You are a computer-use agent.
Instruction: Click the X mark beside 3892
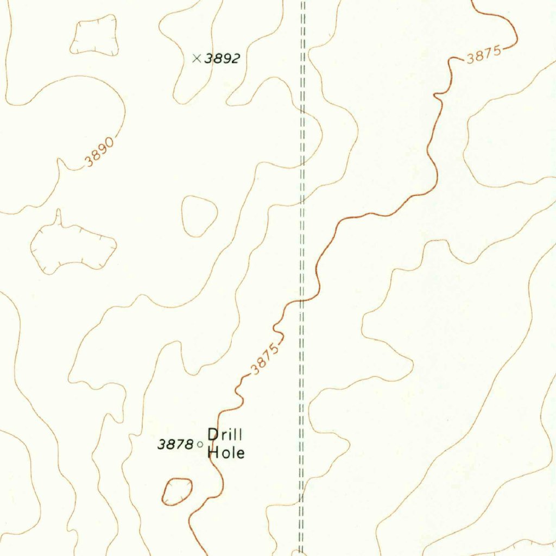click(x=197, y=58)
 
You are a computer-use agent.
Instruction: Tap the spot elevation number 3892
click(x=222, y=59)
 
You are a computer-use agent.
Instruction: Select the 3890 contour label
click(x=99, y=153)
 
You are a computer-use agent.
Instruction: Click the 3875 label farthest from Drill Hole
click(x=483, y=56)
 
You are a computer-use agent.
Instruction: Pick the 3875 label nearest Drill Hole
click(x=264, y=358)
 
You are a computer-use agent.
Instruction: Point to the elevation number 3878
click(x=175, y=444)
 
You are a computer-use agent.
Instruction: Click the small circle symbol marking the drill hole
click(x=199, y=444)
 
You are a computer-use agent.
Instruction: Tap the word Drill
click(x=225, y=435)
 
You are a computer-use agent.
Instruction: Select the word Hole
click(x=226, y=452)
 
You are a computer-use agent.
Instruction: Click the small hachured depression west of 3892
click(x=94, y=35)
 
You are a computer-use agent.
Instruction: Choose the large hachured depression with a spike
click(x=73, y=247)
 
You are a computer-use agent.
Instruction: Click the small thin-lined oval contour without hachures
click(x=199, y=216)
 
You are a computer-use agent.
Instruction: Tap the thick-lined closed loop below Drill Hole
click(x=178, y=491)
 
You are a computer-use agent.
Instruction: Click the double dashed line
click(x=303, y=163)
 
